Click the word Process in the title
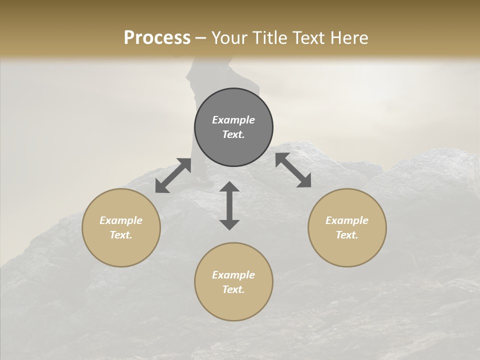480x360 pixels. click(x=157, y=38)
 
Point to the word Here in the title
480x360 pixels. click(x=348, y=38)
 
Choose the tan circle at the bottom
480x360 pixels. click(x=233, y=305)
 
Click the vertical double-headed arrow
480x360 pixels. click(x=229, y=205)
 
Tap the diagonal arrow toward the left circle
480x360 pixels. click(x=173, y=175)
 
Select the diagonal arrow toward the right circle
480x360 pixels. click(x=293, y=170)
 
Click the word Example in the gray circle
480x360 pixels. click(x=233, y=120)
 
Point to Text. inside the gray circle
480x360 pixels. click(x=233, y=134)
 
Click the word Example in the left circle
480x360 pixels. click(x=121, y=220)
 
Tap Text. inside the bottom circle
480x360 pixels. click(x=233, y=289)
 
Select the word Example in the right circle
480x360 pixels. click(x=347, y=220)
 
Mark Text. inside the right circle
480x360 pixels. click(x=347, y=235)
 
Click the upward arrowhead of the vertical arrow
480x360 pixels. click(x=229, y=186)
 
